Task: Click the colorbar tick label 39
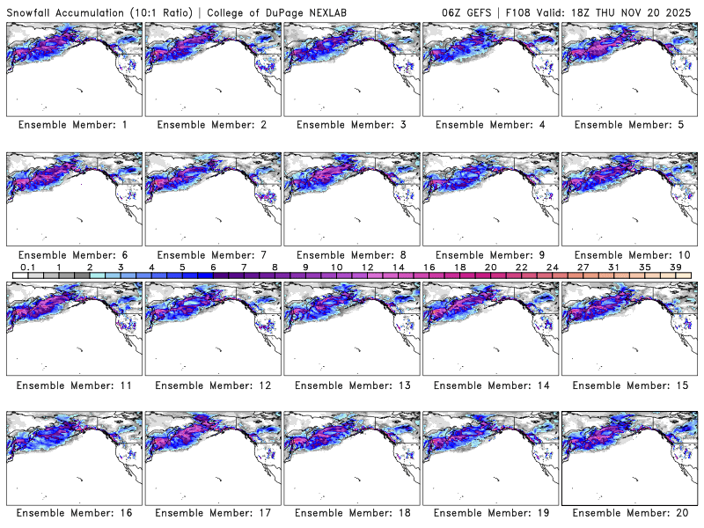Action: coord(674,266)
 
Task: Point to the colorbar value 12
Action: coord(368,266)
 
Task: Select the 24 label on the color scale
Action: coord(552,266)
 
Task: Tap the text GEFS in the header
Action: coord(486,11)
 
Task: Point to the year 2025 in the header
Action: coord(678,11)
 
